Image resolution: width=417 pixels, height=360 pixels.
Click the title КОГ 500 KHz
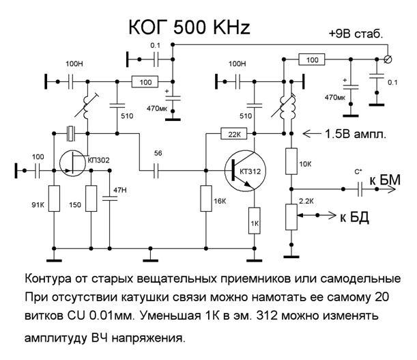190,27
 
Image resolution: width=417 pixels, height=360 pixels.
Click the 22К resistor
230,133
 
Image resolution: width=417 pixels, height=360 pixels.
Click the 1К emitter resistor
254,223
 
